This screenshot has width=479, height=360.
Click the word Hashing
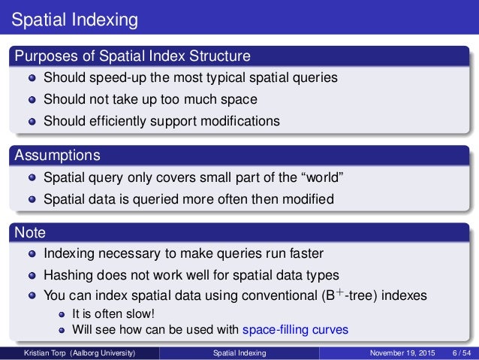coord(71,274)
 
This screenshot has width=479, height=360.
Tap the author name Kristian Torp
coord(47,352)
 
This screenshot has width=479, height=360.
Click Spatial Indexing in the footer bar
coord(239,352)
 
